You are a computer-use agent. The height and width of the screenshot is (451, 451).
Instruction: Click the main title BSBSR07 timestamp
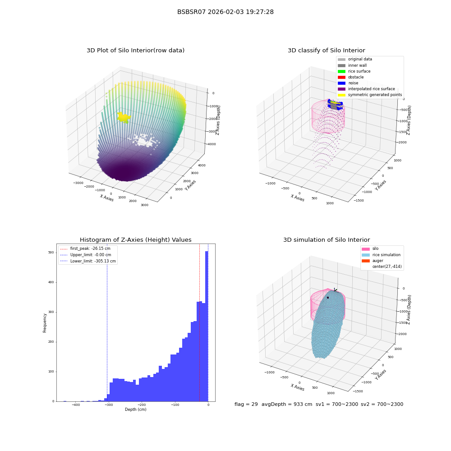click(225, 12)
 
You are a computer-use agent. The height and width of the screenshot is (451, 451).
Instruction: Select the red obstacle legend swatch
click(341, 78)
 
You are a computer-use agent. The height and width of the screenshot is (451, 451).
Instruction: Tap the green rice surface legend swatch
click(341, 71)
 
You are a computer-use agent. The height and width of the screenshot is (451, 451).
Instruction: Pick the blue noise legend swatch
click(341, 83)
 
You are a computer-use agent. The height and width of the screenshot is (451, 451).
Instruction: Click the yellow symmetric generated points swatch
click(341, 95)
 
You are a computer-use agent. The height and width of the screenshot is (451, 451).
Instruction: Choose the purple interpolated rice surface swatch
click(341, 89)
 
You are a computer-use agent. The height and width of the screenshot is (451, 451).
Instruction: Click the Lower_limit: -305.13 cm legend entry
click(88, 261)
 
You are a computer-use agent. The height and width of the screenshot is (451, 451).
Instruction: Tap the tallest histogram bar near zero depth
click(207, 326)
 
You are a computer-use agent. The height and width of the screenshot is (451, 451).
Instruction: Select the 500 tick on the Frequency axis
click(51, 253)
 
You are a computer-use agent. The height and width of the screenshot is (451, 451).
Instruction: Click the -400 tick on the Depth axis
click(76, 405)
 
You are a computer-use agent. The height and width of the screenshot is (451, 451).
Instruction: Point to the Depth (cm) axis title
click(135, 410)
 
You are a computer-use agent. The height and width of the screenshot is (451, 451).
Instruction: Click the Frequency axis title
click(45, 323)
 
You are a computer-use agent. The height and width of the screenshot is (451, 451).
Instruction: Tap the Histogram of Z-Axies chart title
click(135, 240)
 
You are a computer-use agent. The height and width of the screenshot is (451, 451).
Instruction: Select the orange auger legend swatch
click(366, 261)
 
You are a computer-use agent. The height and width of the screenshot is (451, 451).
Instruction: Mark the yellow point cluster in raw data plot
click(124, 117)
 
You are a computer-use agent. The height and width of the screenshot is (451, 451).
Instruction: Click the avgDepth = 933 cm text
click(287, 404)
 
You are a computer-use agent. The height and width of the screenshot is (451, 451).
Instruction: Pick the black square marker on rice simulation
click(328, 298)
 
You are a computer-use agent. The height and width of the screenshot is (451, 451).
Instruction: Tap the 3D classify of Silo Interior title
click(327, 51)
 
